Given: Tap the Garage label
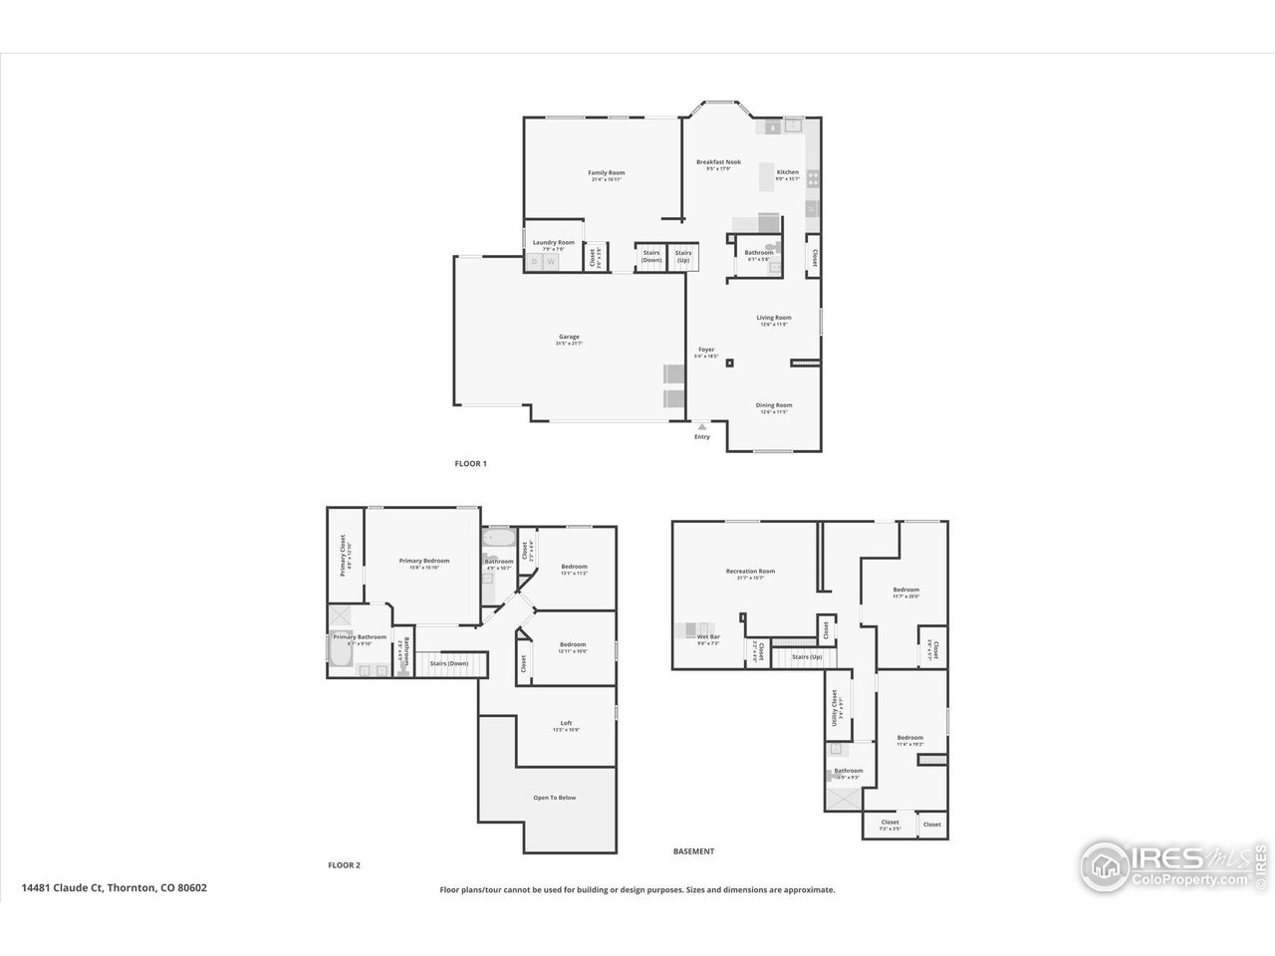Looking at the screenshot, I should (569, 338).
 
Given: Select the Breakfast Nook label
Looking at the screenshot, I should (718, 162).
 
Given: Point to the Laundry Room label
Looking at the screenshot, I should (553, 243).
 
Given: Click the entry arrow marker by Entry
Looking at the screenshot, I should (702, 427).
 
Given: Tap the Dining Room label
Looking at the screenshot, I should (774, 406).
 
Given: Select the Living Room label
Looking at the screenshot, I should (774, 319).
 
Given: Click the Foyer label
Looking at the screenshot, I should (706, 351).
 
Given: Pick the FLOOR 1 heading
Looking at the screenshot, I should (470, 464).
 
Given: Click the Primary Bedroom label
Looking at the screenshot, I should (424, 562).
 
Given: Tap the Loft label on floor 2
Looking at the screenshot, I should (566, 724).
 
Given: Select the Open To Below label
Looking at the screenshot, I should (554, 798).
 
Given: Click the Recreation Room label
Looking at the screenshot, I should (750, 572).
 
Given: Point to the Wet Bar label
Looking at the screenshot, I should (708, 637).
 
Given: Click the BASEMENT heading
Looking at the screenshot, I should (693, 851).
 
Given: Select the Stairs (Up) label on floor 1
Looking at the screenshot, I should (683, 255).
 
